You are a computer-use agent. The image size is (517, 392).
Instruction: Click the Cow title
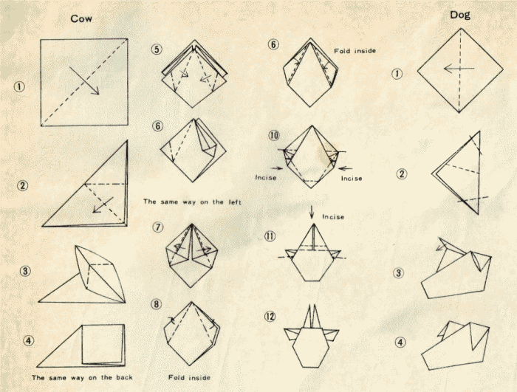click(81, 18)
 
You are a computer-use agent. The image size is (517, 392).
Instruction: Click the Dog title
click(460, 16)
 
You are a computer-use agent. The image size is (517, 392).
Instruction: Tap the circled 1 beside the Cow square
click(19, 87)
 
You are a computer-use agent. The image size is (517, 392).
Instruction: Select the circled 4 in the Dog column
click(400, 343)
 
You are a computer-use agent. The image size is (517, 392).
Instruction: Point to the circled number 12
click(270, 317)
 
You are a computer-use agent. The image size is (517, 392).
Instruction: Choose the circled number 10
click(274, 136)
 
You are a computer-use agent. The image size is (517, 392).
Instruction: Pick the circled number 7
click(158, 227)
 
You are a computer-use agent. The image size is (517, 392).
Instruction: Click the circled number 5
click(157, 49)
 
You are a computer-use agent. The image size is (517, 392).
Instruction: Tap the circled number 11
click(270, 236)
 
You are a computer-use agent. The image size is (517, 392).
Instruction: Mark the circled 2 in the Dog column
click(401, 173)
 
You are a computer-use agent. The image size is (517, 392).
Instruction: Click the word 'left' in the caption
click(235, 202)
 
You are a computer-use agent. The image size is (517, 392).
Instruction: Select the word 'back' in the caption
click(124, 377)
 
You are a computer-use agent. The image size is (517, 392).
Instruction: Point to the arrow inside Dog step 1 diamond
click(459, 69)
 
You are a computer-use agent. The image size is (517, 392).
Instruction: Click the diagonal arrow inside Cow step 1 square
click(84, 80)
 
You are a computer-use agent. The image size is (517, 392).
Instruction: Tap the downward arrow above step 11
click(312, 212)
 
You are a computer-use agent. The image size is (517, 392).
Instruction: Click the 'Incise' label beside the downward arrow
click(333, 217)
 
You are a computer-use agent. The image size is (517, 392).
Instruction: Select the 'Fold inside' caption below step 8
click(189, 377)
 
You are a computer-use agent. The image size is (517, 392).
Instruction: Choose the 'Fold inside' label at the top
click(355, 51)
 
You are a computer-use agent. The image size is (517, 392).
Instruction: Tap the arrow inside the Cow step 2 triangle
click(103, 205)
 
